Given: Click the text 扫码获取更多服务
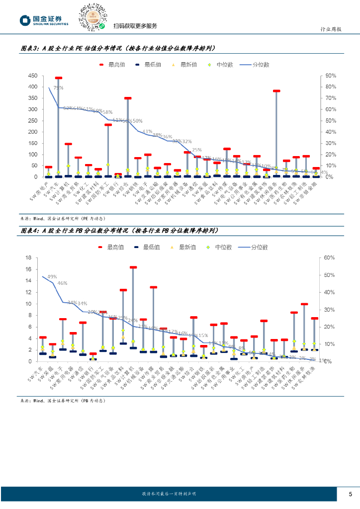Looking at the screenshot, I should [x=135, y=26].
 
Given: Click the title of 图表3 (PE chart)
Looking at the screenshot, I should [x=118, y=49].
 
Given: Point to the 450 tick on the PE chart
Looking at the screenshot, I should [x=32, y=76].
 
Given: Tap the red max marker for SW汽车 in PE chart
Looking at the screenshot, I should [x=58, y=78].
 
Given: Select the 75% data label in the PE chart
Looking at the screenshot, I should [x=58, y=88].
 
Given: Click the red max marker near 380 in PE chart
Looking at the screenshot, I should [x=276, y=91].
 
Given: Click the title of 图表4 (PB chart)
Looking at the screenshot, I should [x=119, y=231].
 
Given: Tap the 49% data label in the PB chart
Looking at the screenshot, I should [x=52, y=277].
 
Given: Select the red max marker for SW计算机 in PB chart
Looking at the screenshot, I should [x=133, y=267].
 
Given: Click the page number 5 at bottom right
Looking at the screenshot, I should [x=350, y=494].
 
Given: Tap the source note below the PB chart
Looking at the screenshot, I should [x=63, y=400].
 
